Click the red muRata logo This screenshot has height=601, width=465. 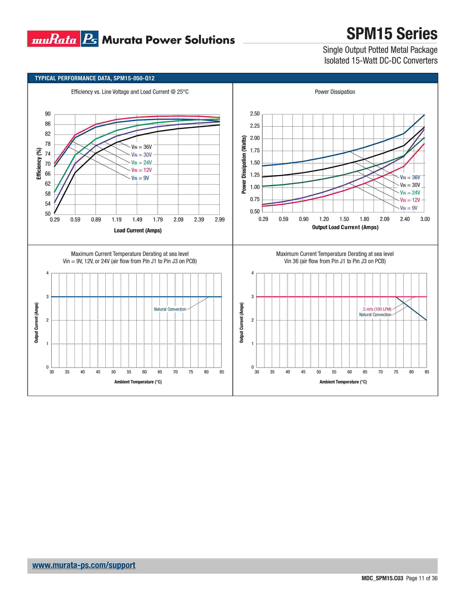point(54,39)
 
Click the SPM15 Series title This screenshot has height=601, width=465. point(392,34)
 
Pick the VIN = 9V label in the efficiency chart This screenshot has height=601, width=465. point(140,178)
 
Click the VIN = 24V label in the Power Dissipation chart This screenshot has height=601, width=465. point(410,193)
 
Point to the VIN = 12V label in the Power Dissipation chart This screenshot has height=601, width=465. point(410,200)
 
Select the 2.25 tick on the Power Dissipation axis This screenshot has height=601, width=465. point(255,126)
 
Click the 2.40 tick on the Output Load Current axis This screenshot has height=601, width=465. point(405,219)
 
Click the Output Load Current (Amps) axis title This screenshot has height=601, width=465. point(345,227)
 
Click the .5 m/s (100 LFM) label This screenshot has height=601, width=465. point(377,309)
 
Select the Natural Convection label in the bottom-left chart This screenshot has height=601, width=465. point(170,309)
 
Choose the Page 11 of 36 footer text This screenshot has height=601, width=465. point(421,578)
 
